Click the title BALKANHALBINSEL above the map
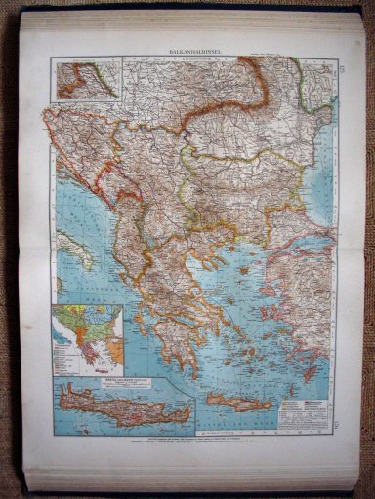click(187, 47)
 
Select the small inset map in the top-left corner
click(89, 78)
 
